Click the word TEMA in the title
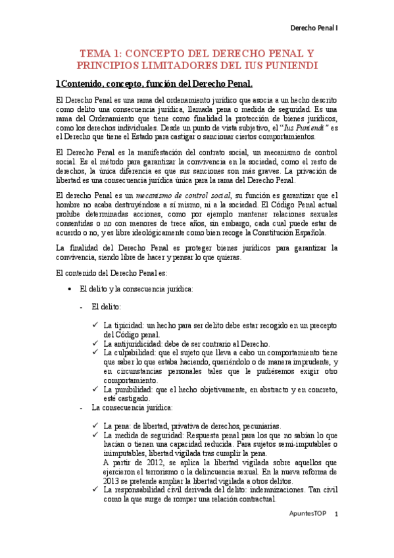[x=94, y=53]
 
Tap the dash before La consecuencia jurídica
[x=80, y=407]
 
